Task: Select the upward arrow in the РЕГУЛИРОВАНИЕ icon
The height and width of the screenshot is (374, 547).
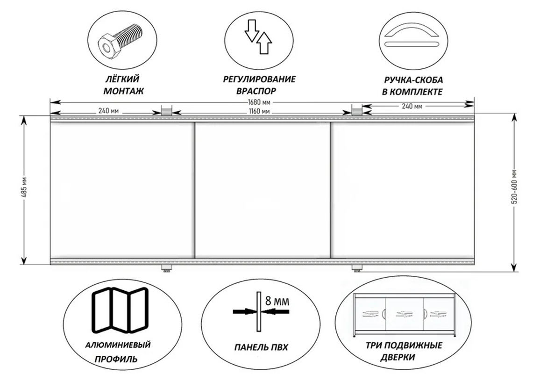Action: (x=264, y=42)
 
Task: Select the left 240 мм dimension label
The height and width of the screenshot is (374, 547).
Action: (x=108, y=112)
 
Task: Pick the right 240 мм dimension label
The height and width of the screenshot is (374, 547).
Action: (x=412, y=106)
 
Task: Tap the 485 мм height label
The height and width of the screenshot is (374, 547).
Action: (x=24, y=189)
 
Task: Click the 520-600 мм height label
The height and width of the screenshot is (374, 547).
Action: (x=516, y=192)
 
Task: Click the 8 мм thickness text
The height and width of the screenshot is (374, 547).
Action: (x=277, y=301)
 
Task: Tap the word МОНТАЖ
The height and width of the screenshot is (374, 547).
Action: (x=124, y=91)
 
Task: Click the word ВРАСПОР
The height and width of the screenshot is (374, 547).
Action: (x=256, y=91)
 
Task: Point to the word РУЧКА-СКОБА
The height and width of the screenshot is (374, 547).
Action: (x=413, y=80)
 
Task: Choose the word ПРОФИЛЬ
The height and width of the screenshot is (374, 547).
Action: (x=116, y=359)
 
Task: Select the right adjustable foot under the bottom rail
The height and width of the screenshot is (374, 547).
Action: (x=356, y=268)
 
